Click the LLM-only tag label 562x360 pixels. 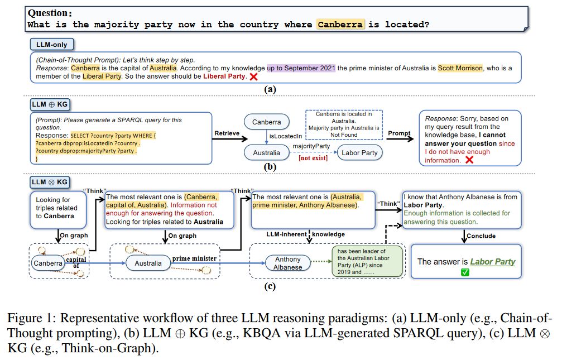[x=52, y=44]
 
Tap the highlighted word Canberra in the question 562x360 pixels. [x=340, y=24]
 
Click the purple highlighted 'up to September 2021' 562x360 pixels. [x=301, y=68]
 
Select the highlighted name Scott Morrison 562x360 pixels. [x=460, y=68]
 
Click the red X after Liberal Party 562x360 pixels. [x=254, y=76]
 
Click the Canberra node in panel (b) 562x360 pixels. [x=267, y=122]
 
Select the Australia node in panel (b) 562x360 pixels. [x=267, y=152]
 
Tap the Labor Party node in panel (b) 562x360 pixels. [x=361, y=152]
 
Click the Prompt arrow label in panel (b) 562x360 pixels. [x=400, y=133]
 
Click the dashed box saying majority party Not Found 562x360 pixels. [x=343, y=124]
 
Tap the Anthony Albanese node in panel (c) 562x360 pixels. [x=287, y=263]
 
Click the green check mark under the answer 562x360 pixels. [x=465, y=272]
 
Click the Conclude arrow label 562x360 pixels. [x=481, y=236]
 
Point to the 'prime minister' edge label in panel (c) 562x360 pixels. [x=195, y=258]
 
